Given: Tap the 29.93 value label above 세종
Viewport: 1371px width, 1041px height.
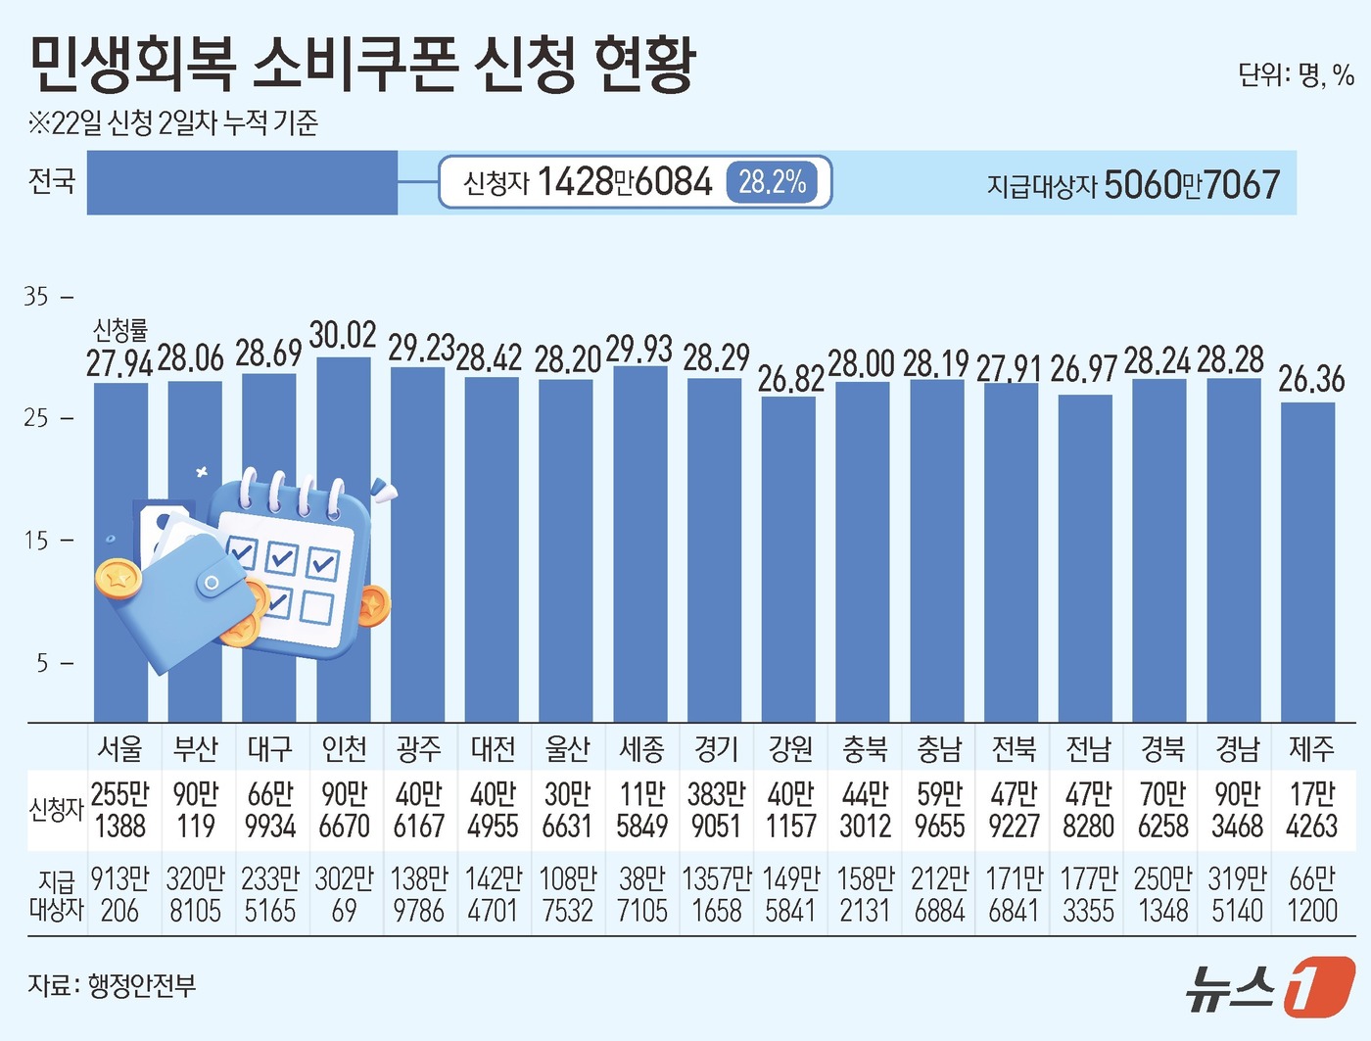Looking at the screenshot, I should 639,349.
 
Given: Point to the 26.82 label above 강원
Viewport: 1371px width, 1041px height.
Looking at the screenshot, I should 791,380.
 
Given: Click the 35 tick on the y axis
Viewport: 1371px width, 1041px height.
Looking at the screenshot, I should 36,296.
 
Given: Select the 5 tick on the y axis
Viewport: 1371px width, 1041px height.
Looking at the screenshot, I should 42,663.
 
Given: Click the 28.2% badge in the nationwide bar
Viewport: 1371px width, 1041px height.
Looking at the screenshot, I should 772,182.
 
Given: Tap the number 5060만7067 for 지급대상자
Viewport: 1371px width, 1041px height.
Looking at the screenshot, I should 1192,184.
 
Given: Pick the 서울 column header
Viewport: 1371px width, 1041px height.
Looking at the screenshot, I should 120,749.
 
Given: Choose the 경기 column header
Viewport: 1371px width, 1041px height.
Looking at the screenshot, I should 716,749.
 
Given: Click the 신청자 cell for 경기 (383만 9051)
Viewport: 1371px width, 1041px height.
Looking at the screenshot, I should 716,810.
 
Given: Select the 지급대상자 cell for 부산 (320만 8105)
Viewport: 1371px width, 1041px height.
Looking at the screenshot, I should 195,894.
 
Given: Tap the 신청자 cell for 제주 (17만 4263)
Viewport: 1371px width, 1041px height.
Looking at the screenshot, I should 1311,810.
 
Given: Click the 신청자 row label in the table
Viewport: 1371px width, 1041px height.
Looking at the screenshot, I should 56,810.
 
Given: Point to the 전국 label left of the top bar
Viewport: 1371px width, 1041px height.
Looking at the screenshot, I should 52,181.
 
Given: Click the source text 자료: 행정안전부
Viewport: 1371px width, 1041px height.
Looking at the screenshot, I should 112,985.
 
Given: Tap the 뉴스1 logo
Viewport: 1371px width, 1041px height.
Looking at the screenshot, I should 1270,987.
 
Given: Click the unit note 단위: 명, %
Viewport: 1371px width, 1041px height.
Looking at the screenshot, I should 1295,75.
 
